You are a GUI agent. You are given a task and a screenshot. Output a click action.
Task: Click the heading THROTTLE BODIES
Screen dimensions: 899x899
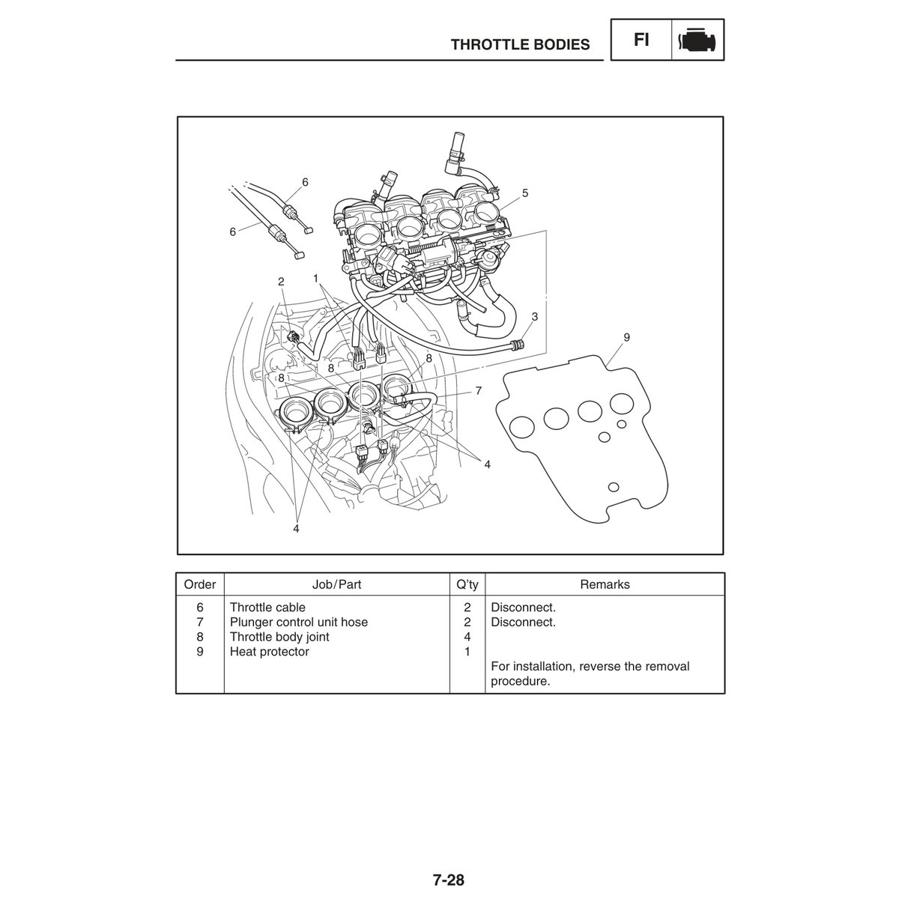(x=520, y=45)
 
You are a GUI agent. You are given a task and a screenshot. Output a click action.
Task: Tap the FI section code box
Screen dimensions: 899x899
(x=641, y=40)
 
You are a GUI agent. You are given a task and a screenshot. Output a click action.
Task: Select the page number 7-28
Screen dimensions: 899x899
(x=449, y=880)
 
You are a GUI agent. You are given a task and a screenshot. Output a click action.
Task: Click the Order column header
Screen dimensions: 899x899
(x=200, y=584)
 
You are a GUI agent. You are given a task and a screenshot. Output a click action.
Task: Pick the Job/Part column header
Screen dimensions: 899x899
(x=336, y=584)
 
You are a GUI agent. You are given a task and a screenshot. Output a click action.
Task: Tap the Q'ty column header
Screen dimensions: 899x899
(x=467, y=584)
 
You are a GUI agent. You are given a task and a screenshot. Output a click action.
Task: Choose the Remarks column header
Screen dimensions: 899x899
(x=605, y=584)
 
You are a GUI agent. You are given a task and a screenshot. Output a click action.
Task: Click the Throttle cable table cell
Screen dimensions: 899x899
(x=267, y=608)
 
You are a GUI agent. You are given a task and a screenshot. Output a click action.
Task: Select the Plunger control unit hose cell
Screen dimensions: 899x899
(x=299, y=623)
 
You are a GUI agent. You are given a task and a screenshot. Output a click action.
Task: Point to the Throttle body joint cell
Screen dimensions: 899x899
(x=279, y=638)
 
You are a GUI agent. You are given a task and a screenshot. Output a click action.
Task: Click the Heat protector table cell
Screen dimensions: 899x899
(x=269, y=652)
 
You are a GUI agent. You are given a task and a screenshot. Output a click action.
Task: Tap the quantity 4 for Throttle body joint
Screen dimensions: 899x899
(x=467, y=638)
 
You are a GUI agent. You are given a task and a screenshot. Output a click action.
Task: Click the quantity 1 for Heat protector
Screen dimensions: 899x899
(x=467, y=652)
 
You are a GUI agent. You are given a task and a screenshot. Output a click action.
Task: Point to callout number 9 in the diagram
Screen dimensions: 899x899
(x=626, y=337)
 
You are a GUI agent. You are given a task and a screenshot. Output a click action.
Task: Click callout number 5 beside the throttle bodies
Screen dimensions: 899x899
(x=525, y=193)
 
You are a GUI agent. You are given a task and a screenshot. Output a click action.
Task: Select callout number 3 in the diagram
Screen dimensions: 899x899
(x=535, y=316)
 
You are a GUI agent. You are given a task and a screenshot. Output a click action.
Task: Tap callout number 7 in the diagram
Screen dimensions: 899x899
(x=478, y=390)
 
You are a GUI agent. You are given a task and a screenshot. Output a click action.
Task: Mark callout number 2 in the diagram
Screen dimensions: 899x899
(x=281, y=282)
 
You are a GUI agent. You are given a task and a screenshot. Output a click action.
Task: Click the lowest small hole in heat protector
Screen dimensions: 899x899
(x=614, y=487)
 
